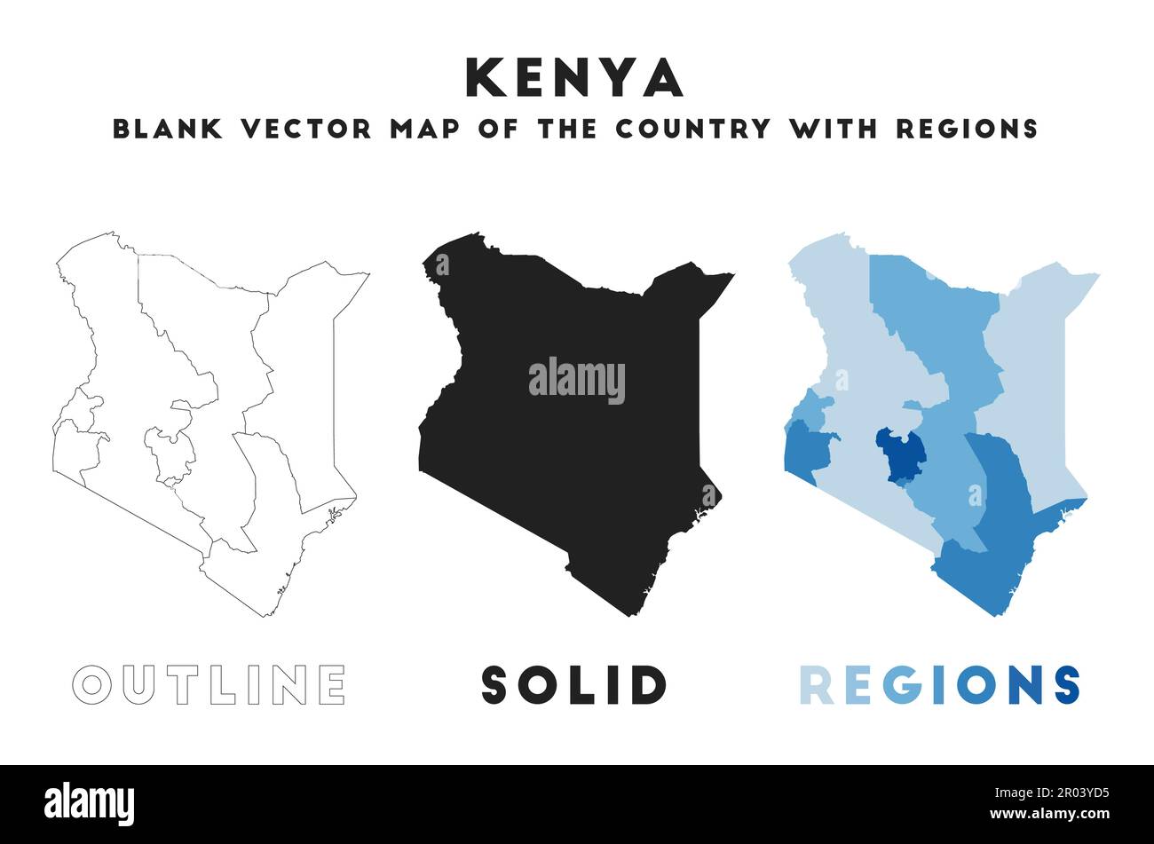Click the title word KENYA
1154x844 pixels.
click(x=574, y=78)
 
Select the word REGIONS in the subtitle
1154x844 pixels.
click(x=967, y=129)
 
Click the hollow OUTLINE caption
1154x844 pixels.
click(x=209, y=684)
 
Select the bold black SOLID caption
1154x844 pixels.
click(x=573, y=684)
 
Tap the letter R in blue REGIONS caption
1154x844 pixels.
click(x=816, y=684)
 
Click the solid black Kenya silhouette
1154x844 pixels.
click(x=568, y=461)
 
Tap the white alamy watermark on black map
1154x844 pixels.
click(x=577, y=380)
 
